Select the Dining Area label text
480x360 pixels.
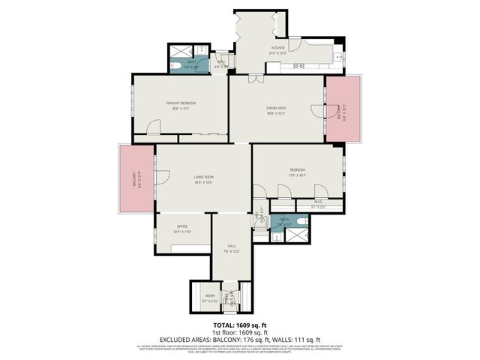coord(276,109)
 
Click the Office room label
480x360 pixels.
coord(181,226)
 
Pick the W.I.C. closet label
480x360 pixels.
coord(319,201)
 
